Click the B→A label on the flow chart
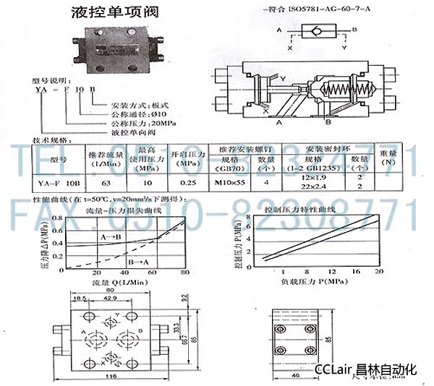pyautogui.click(x=136, y=260)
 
